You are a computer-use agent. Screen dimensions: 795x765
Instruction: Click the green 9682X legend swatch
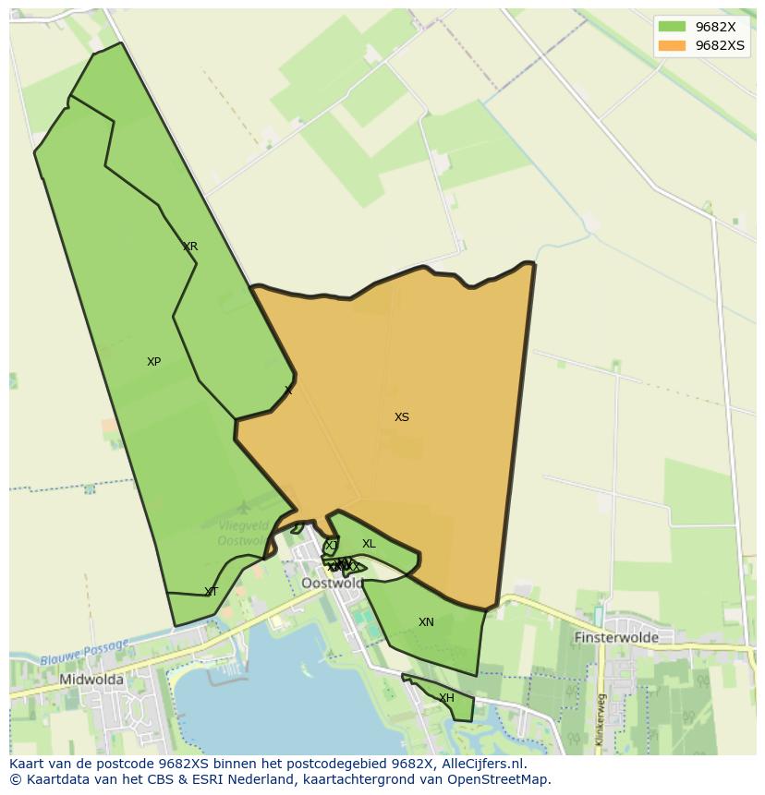[x=672, y=27]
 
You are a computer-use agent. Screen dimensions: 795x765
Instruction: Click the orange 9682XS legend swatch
[x=672, y=45]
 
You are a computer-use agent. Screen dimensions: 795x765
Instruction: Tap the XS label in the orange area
[x=402, y=417]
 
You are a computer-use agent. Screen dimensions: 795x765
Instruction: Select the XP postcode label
[x=154, y=362]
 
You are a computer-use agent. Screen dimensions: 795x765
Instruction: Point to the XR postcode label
[x=190, y=247]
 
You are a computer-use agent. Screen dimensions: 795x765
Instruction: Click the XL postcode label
[x=369, y=544]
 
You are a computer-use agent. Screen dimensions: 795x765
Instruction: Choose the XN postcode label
[x=426, y=622]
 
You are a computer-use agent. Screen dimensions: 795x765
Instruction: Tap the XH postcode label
[x=446, y=698]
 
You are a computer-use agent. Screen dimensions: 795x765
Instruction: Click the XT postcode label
[x=212, y=592]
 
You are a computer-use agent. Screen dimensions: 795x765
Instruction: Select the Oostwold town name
[x=333, y=584]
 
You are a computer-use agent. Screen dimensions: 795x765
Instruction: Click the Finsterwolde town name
[x=616, y=637]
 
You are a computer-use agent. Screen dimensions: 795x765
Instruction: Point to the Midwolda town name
[x=91, y=680]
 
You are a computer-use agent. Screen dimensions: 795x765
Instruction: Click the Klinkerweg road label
[x=600, y=719]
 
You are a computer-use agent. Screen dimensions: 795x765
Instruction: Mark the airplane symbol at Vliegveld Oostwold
[x=244, y=507]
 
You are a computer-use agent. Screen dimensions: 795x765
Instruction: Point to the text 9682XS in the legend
[x=720, y=45]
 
